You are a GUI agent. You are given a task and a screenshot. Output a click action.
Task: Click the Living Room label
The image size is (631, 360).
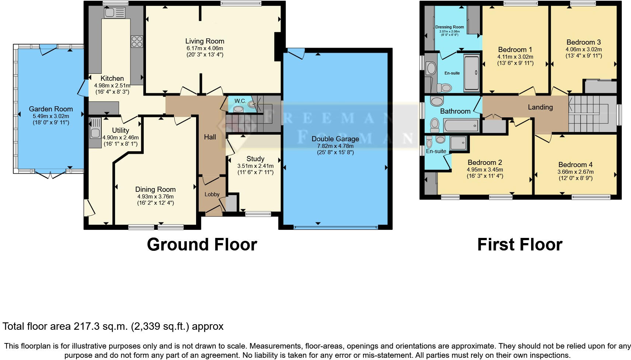click(x=205, y=41)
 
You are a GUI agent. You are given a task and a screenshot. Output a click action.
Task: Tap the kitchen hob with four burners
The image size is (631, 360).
click(x=137, y=41)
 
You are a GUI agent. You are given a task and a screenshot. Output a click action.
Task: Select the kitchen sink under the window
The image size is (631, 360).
click(x=115, y=13)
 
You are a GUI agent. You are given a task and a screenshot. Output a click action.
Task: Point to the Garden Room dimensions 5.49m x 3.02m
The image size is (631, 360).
click(x=51, y=116)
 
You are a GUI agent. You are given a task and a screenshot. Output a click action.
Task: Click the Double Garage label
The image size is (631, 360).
click(x=335, y=139)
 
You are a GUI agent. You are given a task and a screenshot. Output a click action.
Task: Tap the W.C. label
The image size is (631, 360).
click(x=240, y=101)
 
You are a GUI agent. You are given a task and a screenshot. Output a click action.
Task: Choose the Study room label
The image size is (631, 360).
click(x=255, y=159)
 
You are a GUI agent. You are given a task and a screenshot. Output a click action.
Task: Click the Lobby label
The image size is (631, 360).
click(x=212, y=194)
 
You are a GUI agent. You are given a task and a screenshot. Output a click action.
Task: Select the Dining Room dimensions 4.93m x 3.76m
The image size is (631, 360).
click(x=156, y=197)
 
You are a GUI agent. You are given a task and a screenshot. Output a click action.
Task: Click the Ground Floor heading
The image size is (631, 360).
click(x=202, y=245)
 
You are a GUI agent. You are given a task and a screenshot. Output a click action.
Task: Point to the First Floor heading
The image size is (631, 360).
click(x=520, y=245)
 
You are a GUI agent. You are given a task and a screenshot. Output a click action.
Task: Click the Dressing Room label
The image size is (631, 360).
click(x=450, y=27)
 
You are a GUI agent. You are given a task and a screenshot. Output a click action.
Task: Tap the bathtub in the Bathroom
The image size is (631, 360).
click(x=461, y=125)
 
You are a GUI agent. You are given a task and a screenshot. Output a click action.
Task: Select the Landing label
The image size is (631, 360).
click(x=540, y=107)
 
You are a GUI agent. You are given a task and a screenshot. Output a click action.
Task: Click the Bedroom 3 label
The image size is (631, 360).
click(x=584, y=42)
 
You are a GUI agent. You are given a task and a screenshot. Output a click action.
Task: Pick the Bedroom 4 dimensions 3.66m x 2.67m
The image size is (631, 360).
click(x=575, y=172)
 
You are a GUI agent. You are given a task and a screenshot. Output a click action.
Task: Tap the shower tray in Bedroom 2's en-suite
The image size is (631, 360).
click(x=458, y=143)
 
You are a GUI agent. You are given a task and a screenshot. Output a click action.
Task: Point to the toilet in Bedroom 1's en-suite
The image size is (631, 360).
click(x=444, y=88)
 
